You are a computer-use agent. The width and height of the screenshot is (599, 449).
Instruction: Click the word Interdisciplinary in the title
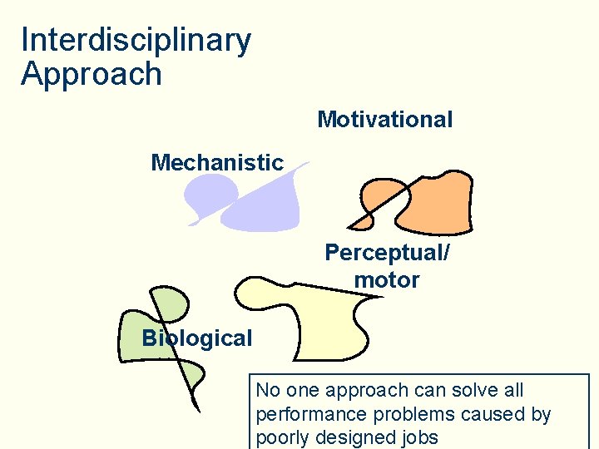[136, 40]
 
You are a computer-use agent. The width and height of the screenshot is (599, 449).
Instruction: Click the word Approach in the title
[92, 74]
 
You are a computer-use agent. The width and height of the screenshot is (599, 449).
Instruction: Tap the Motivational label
[384, 120]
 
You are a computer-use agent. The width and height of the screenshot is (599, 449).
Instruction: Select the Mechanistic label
[217, 163]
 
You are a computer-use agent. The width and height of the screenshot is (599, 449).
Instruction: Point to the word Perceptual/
[387, 253]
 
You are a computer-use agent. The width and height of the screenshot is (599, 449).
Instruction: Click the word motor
[387, 280]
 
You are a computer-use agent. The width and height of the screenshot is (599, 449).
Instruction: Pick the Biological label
[196, 338]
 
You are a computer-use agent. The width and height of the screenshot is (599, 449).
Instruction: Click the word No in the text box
[268, 390]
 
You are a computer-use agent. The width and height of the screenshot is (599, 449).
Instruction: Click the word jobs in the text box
[418, 438]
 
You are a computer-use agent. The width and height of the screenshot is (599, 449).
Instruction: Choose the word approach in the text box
[362, 390]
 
